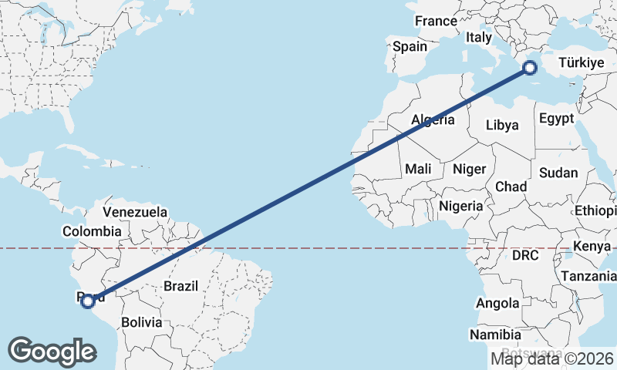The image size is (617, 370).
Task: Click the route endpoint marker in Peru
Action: click(87, 301)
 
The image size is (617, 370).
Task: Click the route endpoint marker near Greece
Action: click(530, 67)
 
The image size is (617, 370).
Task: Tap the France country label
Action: click(436, 22)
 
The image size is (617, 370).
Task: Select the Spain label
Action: click(410, 46)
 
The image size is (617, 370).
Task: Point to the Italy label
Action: click(479, 37)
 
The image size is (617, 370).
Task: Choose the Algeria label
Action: click(433, 120)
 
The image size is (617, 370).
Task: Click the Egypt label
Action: click(557, 119)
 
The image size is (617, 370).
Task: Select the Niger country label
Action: click(469, 169)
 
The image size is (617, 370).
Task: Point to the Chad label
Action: click(511, 187)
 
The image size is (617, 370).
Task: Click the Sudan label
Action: click(558, 173)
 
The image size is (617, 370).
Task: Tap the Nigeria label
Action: click(460, 206)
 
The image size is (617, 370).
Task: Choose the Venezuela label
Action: click(135, 211)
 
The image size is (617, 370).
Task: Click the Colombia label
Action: click(92, 231)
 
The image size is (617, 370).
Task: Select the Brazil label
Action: click(180, 286)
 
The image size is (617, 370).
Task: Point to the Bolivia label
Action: click(140, 322)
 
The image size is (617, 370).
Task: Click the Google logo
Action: click(52, 351)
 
